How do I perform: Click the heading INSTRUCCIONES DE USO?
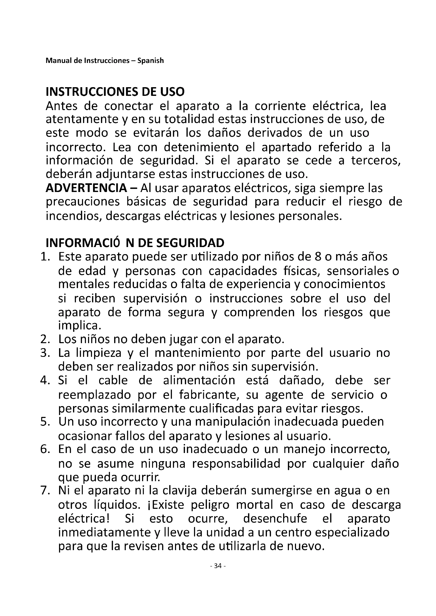click(115, 92)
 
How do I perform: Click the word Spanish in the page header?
click(150, 61)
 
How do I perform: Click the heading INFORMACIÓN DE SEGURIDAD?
click(135, 243)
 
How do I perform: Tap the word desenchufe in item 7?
click(275, 518)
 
